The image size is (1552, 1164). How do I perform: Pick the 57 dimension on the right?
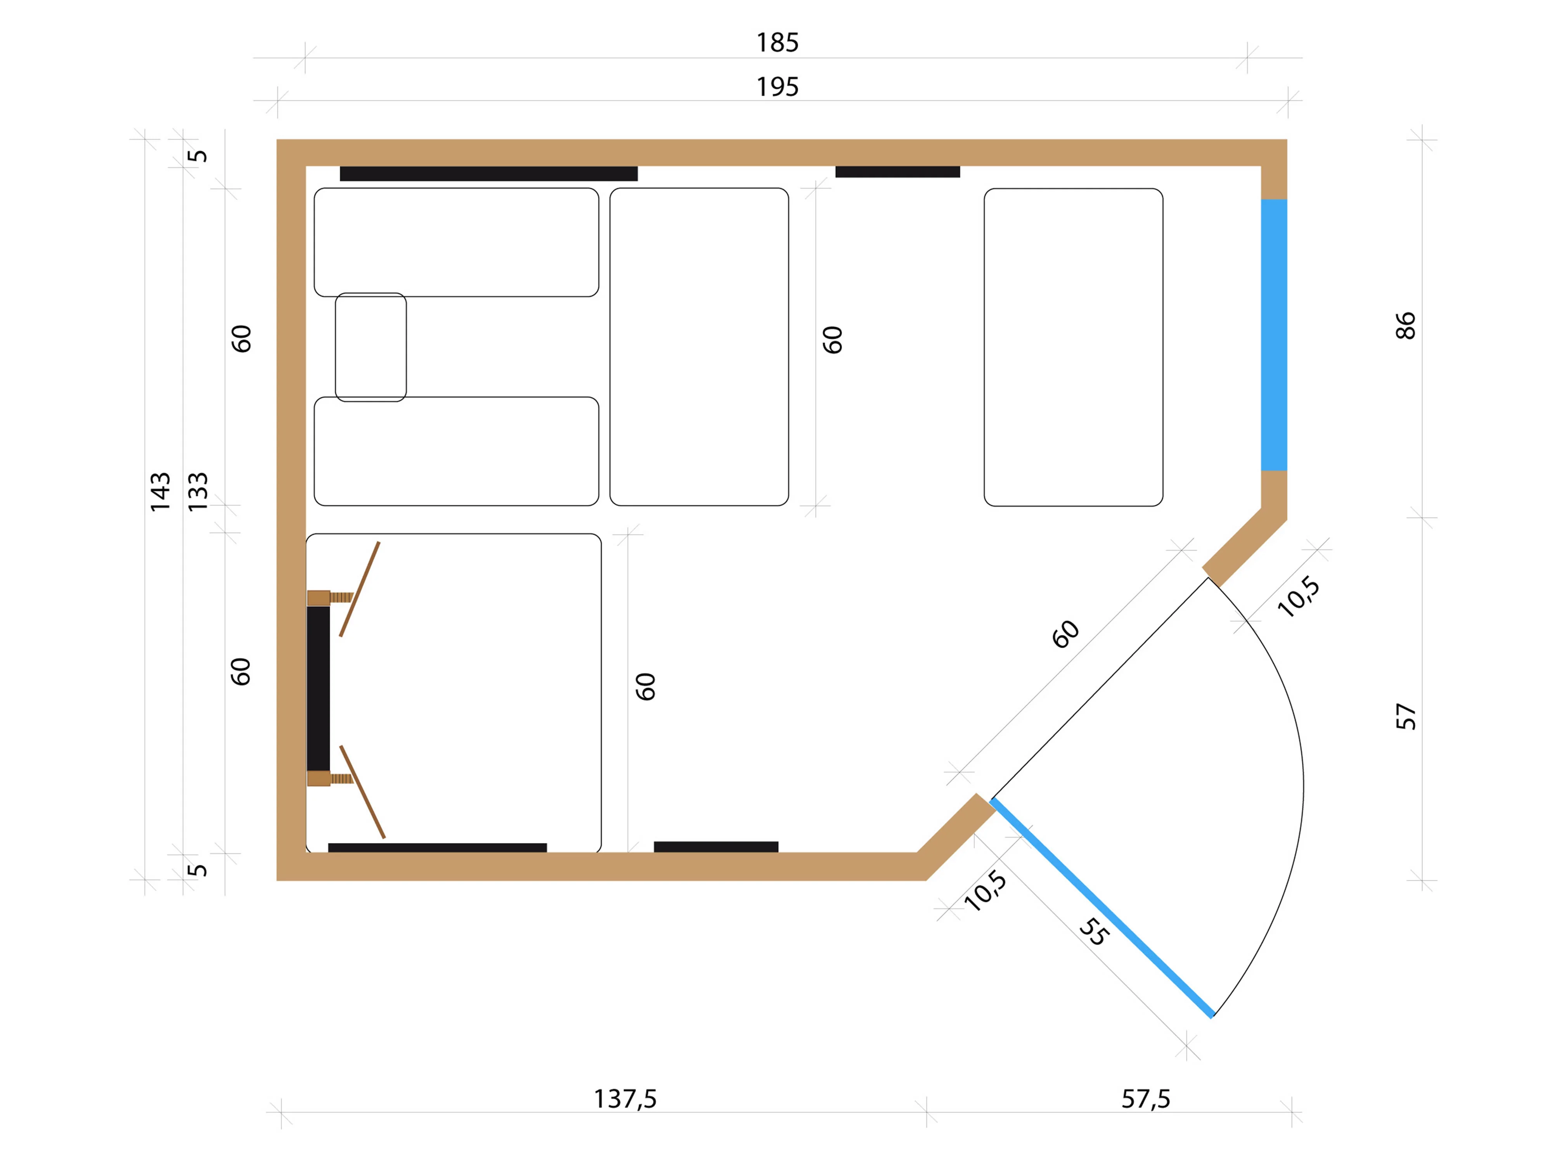[x=1405, y=716]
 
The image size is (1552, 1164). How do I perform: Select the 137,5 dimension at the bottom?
[x=625, y=1099]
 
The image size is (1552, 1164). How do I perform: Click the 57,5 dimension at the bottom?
[x=1146, y=1099]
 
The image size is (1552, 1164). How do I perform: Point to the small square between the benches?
[x=371, y=347]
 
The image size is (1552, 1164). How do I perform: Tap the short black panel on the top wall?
[x=897, y=172]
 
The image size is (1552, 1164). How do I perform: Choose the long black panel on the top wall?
[x=488, y=173]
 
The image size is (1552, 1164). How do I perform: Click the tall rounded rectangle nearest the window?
[x=1074, y=347]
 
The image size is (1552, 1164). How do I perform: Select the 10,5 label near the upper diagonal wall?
[x=1299, y=597]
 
